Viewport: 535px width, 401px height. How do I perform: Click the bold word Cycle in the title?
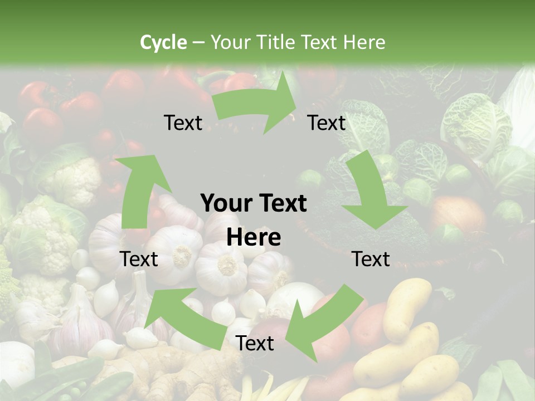pos(163,42)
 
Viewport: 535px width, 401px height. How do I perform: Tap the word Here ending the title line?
pos(364,42)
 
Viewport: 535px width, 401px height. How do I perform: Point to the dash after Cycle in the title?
pos(198,43)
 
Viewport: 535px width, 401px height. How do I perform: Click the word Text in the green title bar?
pos(320,42)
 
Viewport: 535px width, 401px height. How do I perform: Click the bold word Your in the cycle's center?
pos(225,203)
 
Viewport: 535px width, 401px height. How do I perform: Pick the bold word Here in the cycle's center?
pos(254,238)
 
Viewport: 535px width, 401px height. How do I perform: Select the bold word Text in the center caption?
pos(281,203)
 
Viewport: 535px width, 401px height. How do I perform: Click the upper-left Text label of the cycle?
pos(183,123)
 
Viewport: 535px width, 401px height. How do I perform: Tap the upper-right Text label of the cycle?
pos(327,123)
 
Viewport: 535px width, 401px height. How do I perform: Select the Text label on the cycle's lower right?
pos(371,259)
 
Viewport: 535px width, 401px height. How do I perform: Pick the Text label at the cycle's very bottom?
pos(255,344)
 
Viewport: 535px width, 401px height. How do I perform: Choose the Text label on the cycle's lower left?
pos(139,259)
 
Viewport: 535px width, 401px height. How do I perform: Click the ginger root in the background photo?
pos(167,373)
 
